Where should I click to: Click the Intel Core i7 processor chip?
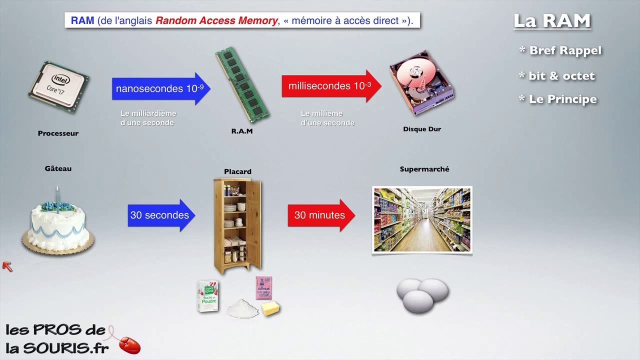click(58, 87)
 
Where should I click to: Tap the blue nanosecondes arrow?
click(161, 88)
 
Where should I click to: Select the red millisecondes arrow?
click(331, 86)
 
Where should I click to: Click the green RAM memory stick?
click(242, 84)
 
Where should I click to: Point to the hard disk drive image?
click(421, 83)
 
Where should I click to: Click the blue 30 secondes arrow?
click(161, 215)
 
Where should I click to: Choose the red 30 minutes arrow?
click(321, 215)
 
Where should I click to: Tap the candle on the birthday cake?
click(57, 199)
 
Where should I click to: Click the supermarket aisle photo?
click(422, 219)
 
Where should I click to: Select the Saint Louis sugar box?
click(207, 296)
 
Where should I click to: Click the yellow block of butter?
click(270, 308)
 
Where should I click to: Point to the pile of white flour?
click(242, 308)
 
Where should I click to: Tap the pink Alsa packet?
click(263, 287)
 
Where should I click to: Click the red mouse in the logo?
click(130, 345)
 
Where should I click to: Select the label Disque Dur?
click(422, 129)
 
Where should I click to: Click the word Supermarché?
click(424, 169)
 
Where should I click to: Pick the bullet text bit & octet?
click(561, 76)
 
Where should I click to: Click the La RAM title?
click(552, 21)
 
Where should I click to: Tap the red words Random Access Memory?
click(216, 20)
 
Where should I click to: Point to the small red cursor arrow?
click(7, 266)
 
